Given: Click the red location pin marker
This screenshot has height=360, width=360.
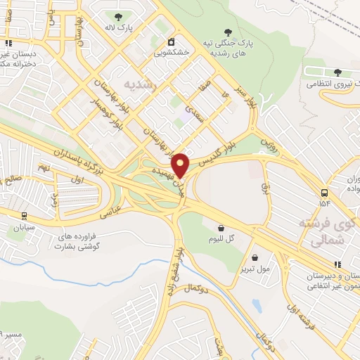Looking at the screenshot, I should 181,165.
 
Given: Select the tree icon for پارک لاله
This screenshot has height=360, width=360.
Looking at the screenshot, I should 116,15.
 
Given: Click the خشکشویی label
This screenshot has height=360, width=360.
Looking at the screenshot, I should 171,52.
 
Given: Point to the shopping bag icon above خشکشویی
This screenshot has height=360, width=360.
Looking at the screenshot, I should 170,41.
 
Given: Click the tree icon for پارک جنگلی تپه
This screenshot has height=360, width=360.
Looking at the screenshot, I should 227,31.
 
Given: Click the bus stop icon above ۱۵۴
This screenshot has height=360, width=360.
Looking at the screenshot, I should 325,193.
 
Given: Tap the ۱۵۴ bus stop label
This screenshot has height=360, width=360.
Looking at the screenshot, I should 325,203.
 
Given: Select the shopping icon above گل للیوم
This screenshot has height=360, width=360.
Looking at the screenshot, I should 221,228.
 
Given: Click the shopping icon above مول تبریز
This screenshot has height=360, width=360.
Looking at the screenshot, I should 264,257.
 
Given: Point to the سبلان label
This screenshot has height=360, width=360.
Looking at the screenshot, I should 22,227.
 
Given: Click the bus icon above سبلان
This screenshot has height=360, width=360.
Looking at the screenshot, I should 25,216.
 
